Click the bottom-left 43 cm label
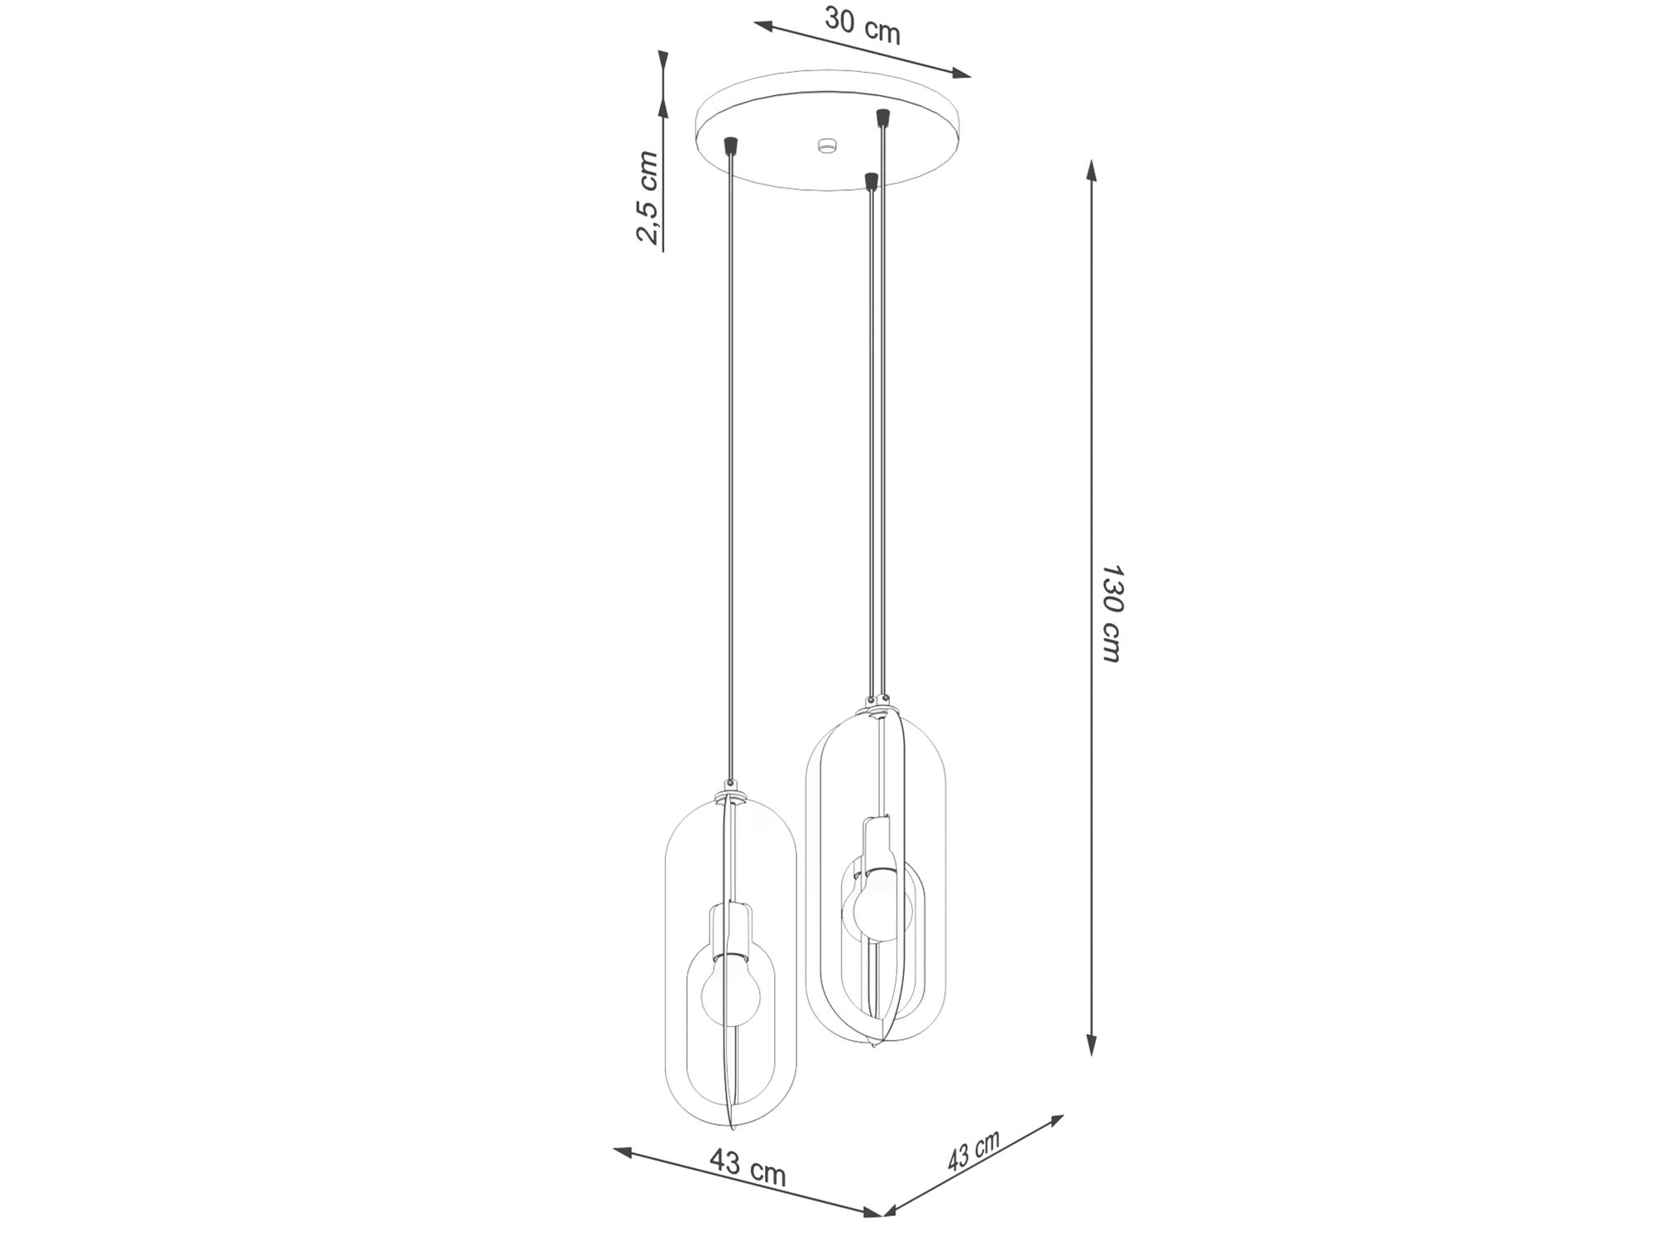click(747, 1166)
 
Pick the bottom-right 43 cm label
click(973, 1150)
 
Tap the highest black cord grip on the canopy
click(883, 118)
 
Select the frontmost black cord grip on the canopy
click(869, 180)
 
